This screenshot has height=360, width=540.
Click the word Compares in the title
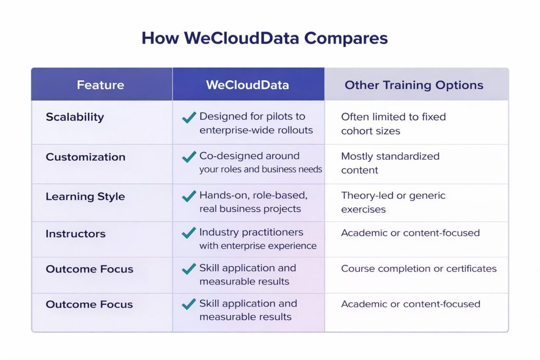[x=346, y=38]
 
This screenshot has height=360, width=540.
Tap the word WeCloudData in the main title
[x=242, y=38]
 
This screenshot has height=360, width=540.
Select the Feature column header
[x=101, y=85]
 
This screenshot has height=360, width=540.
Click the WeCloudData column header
[x=248, y=85]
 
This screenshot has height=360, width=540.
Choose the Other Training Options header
[x=414, y=85]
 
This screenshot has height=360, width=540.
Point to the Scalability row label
[x=75, y=117]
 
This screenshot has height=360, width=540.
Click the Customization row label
[x=85, y=157]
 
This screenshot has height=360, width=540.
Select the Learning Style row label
[x=85, y=197]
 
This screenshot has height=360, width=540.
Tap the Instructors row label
[x=75, y=233]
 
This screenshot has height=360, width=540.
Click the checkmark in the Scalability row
[x=189, y=118]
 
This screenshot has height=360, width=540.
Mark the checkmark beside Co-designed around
[x=189, y=157]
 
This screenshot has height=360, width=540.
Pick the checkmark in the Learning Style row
[x=189, y=196]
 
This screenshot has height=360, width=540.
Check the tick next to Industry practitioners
[x=189, y=233]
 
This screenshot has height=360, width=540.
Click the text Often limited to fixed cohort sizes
[x=393, y=124]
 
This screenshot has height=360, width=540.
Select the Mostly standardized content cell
[x=390, y=163]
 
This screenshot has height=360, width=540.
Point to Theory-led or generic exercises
[x=393, y=202]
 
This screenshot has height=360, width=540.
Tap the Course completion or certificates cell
[x=419, y=268]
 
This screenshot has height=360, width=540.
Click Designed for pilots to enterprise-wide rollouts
[x=256, y=123]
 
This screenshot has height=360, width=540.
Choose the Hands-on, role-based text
[x=253, y=195]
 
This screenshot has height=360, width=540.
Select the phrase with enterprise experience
[x=257, y=246]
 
